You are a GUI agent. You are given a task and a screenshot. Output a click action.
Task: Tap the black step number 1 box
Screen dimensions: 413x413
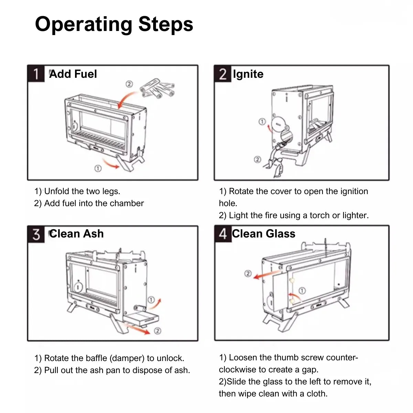tap(36, 74)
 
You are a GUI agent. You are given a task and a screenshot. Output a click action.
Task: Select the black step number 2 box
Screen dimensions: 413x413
tap(223, 74)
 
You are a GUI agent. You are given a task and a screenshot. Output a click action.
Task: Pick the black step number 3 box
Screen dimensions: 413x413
tap(36, 234)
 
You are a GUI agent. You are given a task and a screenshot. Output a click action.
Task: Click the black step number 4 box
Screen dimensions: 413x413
tap(223, 234)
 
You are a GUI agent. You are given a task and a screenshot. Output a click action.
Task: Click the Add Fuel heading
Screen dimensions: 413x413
tap(73, 74)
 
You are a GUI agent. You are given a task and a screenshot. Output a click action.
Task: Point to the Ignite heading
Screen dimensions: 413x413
tap(248, 74)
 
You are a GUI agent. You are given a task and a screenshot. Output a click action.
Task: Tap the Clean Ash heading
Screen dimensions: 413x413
tap(76, 234)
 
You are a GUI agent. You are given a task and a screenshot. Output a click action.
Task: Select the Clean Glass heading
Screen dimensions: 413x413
tap(264, 234)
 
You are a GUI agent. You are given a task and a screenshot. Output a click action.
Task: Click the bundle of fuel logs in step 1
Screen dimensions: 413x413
tap(157, 89)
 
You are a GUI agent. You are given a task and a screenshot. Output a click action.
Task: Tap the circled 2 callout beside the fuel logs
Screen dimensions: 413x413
tap(129, 84)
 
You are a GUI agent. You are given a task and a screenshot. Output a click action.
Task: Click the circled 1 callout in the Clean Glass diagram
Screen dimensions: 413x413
tap(302, 290)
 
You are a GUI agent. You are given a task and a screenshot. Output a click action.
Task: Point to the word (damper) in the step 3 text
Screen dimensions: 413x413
tap(127, 358)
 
